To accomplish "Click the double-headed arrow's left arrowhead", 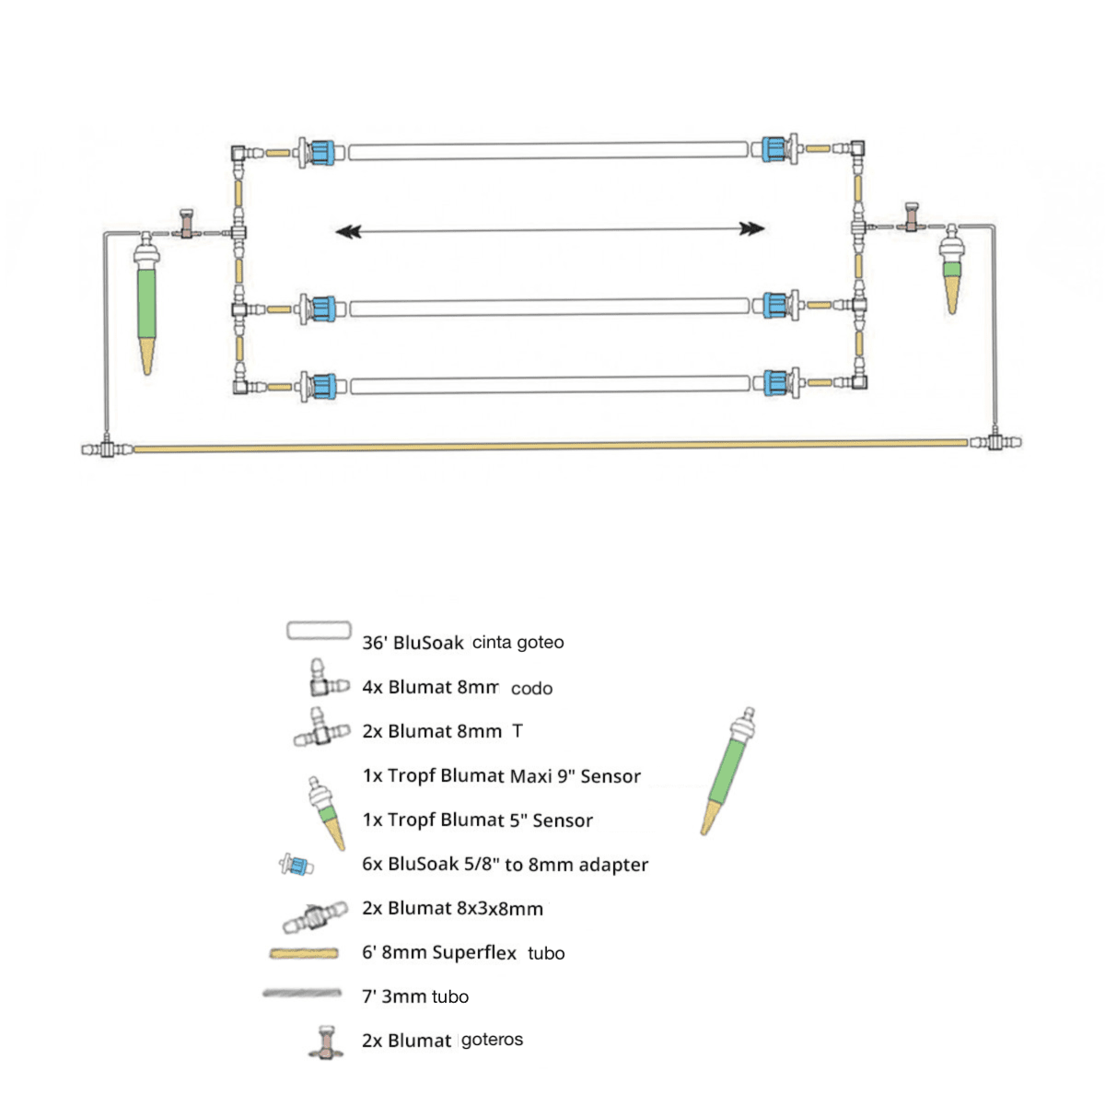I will click(x=347, y=231).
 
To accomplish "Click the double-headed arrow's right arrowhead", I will click(x=753, y=229).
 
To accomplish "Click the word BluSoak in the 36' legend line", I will click(x=428, y=643).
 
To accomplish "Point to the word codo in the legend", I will click(x=531, y=688).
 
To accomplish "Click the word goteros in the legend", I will click(x=492, y=1040).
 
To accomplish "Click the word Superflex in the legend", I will click(x=474, y=952).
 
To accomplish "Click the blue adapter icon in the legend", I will click(x=297, y=865).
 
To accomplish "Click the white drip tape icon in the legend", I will click(x=319, y=631).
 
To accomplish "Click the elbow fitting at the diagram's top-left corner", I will click(x=238, y=152).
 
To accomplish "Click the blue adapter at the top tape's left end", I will click(x=319, y=151).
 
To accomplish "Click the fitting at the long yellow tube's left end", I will click(x=107, y=449).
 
